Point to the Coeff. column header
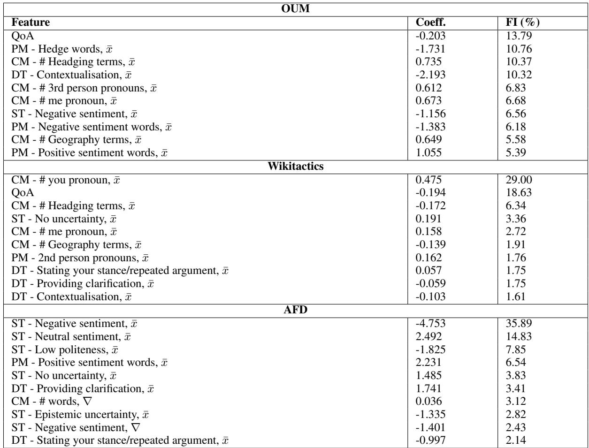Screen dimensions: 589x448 point(431,22)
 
